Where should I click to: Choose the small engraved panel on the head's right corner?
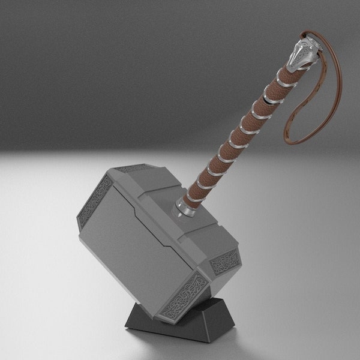click(x=225, y=260)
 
